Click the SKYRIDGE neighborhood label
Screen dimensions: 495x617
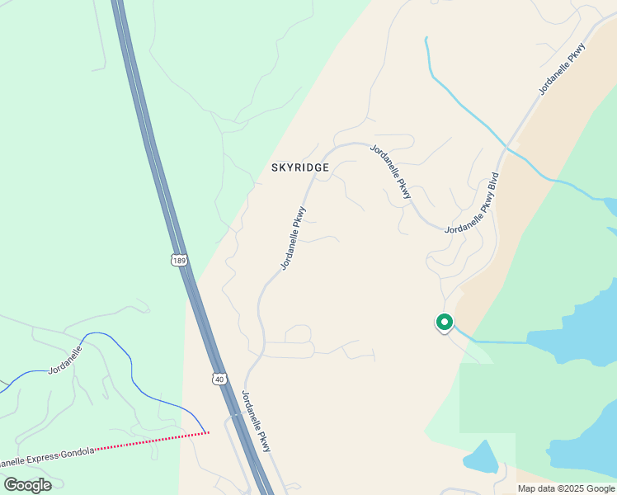(300, 167)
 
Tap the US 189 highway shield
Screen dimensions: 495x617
(180, 260)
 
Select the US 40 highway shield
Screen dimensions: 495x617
(218, 378)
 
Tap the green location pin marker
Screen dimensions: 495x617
(445, 323)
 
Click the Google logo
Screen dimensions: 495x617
(27, 485)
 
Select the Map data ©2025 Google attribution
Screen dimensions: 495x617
(566, 488)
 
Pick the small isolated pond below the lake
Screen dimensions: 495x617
(481, 456)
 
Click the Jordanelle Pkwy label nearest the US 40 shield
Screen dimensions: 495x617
(257, 421)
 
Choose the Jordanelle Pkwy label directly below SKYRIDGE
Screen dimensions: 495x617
(294, 238)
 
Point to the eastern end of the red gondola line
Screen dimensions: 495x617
(208, 431)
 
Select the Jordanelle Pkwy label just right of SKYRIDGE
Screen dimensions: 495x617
(391, 172)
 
